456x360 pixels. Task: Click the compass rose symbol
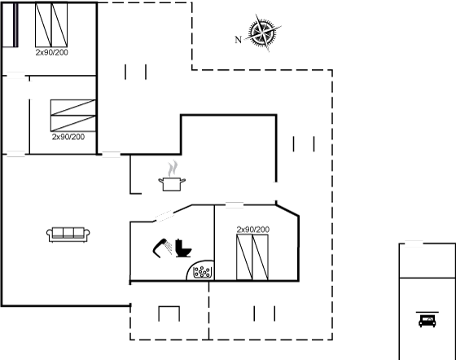tap(263, 33)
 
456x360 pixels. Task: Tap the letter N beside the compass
tap(238, 40)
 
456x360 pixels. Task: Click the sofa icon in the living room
tap(68, 235)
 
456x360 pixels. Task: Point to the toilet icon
tap(182, 248)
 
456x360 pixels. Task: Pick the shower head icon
tap(162, 248)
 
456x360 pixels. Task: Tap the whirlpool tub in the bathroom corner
tap(200, 270)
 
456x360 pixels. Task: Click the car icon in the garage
tap(427, 320)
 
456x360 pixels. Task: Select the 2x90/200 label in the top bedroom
tap(52, 52)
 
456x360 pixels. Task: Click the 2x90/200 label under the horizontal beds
tap(68, 137)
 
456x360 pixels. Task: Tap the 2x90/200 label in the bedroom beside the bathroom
tap(253, 230)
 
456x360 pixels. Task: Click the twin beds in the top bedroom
tap(51, 24)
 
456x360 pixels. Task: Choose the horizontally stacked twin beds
tap(73, 116)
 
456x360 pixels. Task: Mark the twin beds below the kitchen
tap(252, 257)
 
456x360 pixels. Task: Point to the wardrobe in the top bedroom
tap(10, 24)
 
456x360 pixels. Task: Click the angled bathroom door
tap(163, 217)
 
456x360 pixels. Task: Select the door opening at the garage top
tap(414, 244)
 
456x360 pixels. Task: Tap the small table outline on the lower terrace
tap(169, 314)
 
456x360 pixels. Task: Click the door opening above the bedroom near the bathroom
tap(235, 205)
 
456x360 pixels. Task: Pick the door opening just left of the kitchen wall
tap(112, 155)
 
